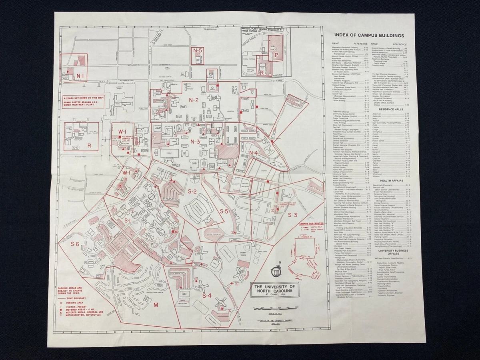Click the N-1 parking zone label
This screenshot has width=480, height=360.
pyautogui.click(x=80, y=76)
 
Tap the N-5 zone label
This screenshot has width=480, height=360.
pyautogui.click(x=198, y=51)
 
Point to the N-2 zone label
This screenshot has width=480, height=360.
pyautogui.click(x=194, y=100)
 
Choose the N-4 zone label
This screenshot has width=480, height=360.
pyautogui.click(x=253, y=152)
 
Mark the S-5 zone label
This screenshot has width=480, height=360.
pyautogui.click(x=224, y=211)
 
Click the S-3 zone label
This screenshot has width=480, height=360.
pyautogui.click(x=293, y=215)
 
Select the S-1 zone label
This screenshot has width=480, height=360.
pyautogui.click(x=128, y=220)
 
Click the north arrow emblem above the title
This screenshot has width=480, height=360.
pyautogui.click(x=275, y=271)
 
